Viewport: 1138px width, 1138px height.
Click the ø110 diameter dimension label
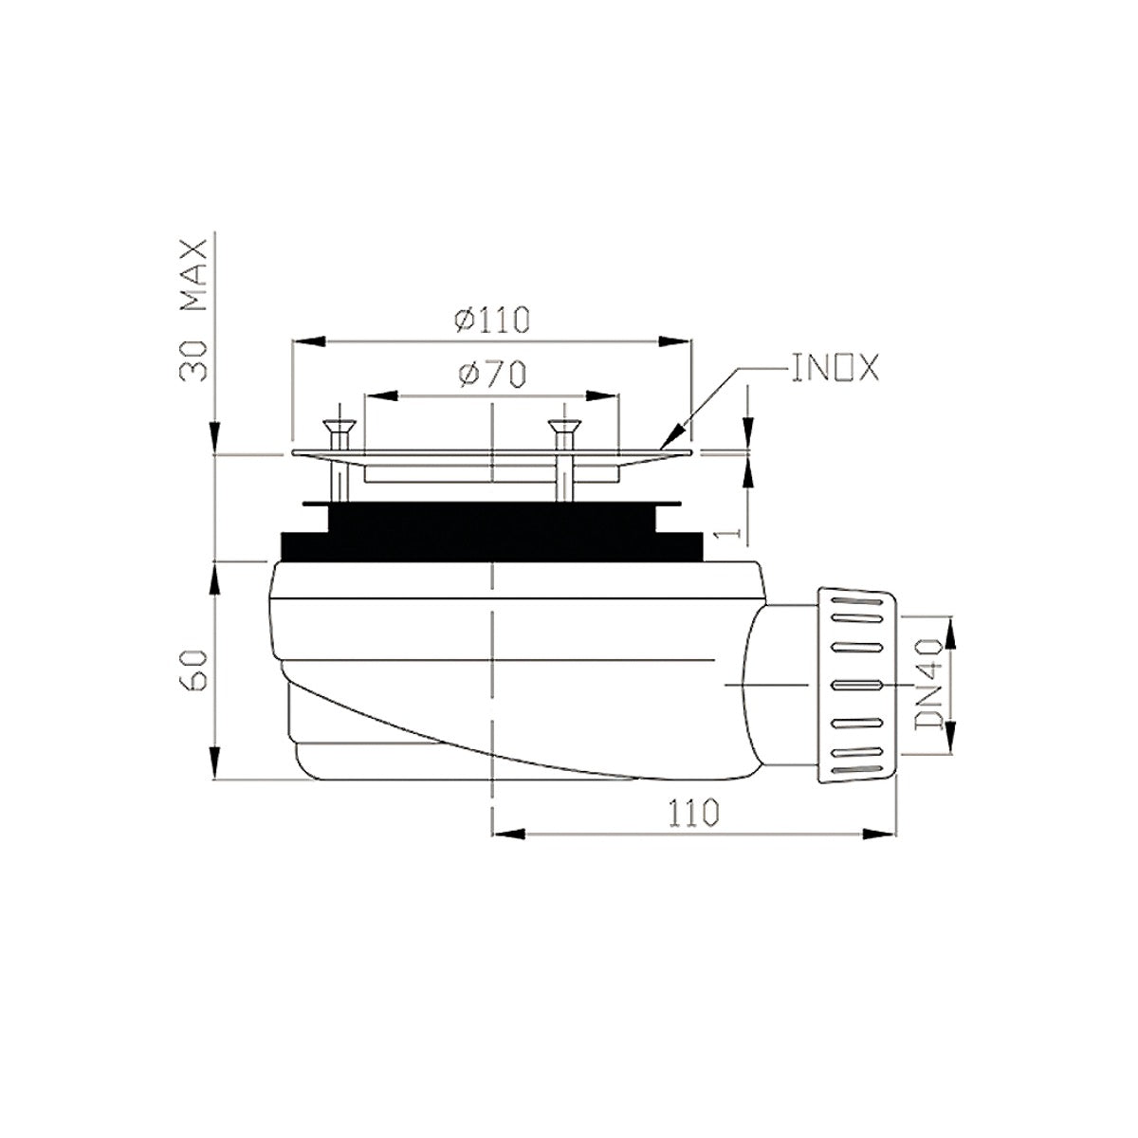tap(490, 321)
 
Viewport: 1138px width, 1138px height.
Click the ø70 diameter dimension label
tap(491, 376)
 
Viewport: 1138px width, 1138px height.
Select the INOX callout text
tap(835, 368)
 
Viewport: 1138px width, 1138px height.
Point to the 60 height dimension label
tap(193, 670)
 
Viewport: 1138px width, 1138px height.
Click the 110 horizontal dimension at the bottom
tap(691, 813)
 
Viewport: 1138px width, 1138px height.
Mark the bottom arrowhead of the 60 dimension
tap(216, 763)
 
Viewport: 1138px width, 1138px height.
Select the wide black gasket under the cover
tap(491, 546)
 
